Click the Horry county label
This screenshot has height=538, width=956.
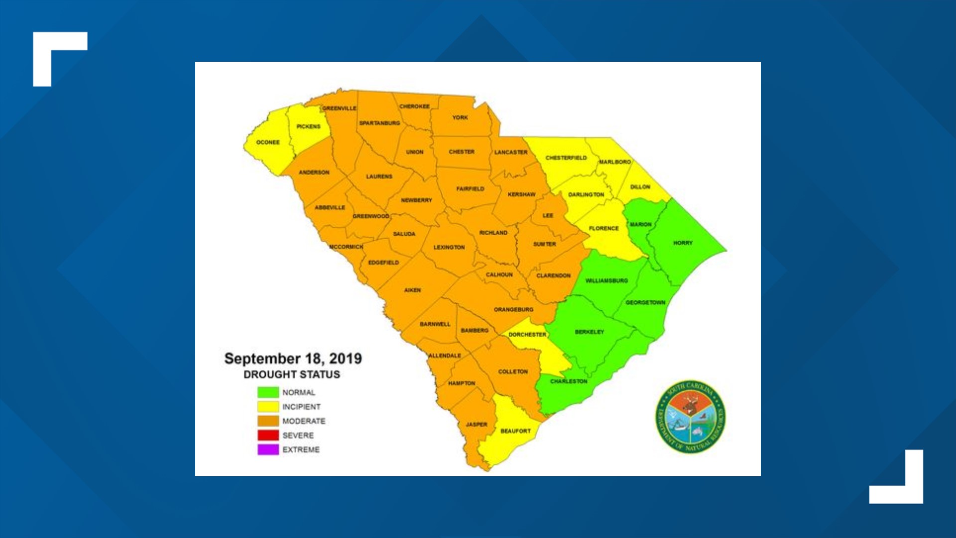pos(683,243)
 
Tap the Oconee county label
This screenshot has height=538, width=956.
pos(268,142)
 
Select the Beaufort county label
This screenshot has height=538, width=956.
pos(515,431)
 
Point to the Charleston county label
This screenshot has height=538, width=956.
pos(569,382)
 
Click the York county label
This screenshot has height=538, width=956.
pos(460,118)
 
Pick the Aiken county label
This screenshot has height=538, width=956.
pos(412,290)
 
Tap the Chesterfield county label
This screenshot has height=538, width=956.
pos(566,158)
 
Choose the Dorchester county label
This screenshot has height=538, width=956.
pos(527,335)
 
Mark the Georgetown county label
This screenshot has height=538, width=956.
pos(645,302)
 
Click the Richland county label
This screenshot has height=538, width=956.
pos(493,233)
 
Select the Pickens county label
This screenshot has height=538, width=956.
pos(308,127)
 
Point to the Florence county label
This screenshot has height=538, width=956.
pos(603,228)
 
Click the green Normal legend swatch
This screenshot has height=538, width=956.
pos(268,393)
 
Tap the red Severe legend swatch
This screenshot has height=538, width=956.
pos(268,435)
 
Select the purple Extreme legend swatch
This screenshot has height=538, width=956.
pos(268,449)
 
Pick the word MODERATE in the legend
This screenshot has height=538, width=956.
pos(304,421)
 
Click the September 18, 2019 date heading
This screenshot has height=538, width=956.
pos(293,359)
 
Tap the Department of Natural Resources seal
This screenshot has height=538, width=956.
pos(690,417)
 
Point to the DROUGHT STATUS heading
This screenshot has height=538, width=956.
pos(292,375)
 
